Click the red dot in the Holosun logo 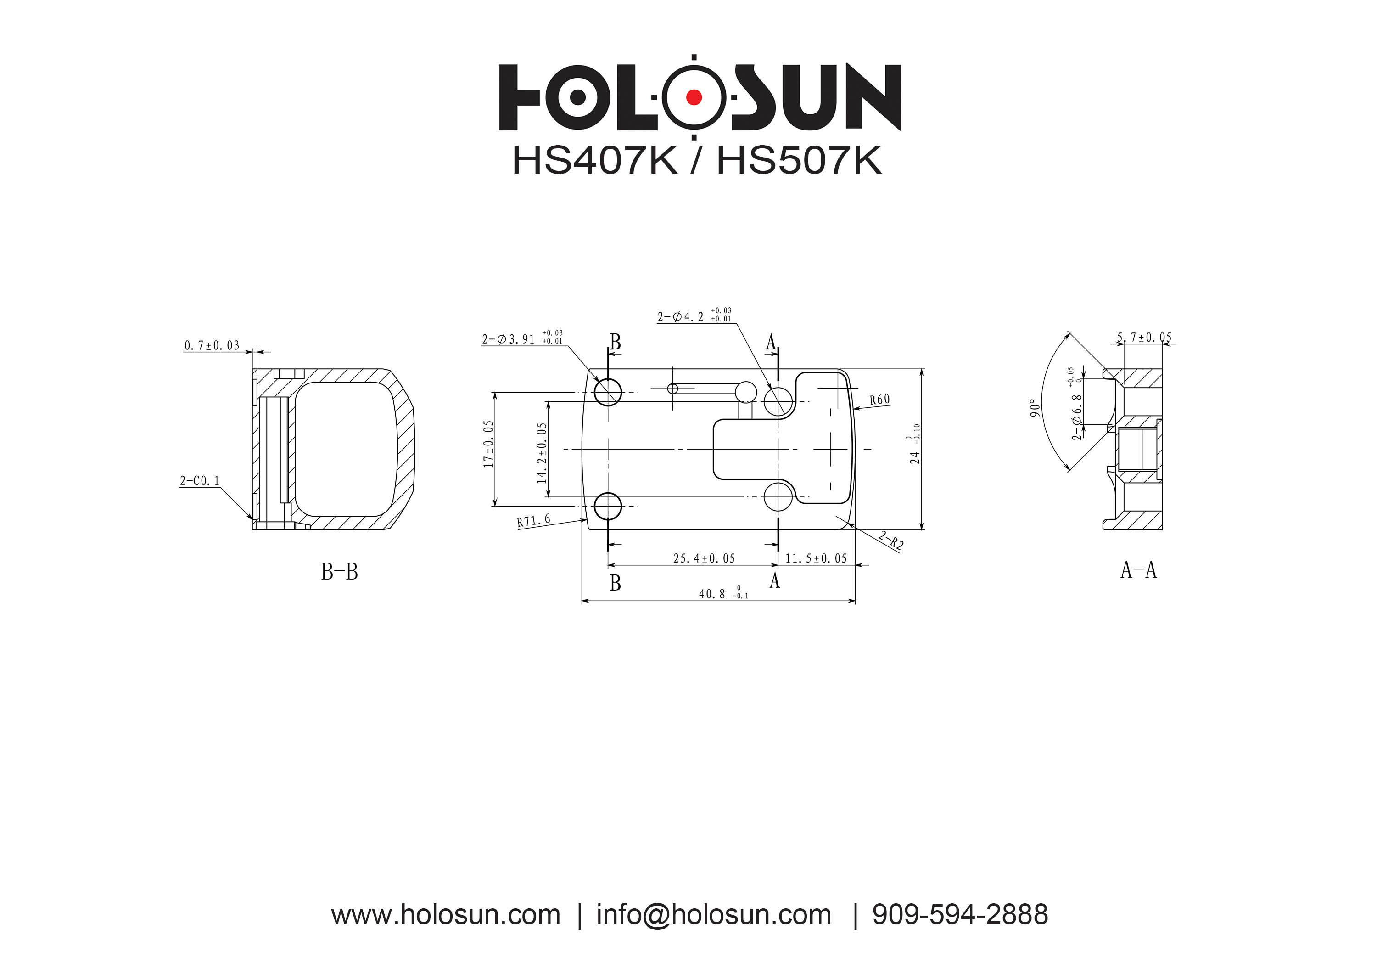[x=694, y=97]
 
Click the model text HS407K [x=594, y=161]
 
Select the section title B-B [x=340, y=572]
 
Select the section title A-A [x=1138, y=570]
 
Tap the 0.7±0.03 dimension [x=212, y=346]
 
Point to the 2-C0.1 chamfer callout [x=200, y=481]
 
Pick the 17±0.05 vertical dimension [x=489, y=444]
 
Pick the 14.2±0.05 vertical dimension [x=542, y=453]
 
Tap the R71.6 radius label [x=533, y=521]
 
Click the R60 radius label [x=880, y=400]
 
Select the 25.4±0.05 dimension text [x=704, y=558]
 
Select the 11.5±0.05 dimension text [x=816, y=558]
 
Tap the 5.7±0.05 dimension [x=1144, y=338]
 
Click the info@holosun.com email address [x=714, y=915]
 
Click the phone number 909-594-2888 [x=960, y=915]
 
